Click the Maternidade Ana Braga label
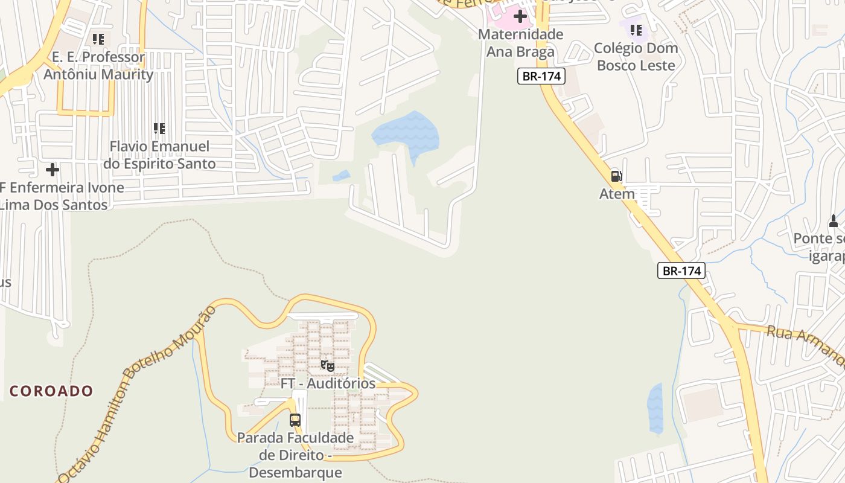(x=520, y=43)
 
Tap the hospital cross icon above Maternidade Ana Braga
(x=520, y=16)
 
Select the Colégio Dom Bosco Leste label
(x=636, y=57)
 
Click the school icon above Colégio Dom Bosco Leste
(x=636, y=30)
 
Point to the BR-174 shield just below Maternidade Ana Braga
(x=541, y=76)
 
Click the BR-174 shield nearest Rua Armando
(x=681, y=271)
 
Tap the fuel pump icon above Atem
(x=616, y=176)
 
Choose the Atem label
(x=617, y=194)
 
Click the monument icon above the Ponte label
(x=834, y=221)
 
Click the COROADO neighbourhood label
(x=51, y=391)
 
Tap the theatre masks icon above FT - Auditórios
(x=327, y=365)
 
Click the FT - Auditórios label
(x=328, y=383)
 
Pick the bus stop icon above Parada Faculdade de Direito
(x=295, y=420)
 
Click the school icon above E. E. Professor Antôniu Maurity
(x=98, y=39)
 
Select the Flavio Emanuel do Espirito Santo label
(x=159, y=155)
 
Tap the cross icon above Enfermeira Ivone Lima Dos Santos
(x=53, y=170)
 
